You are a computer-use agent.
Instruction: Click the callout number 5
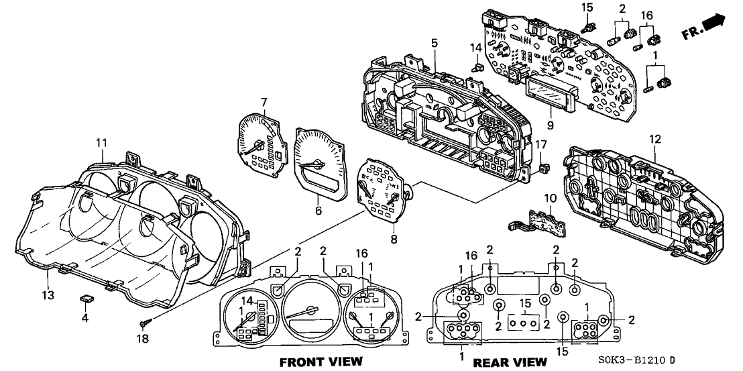point(434,43)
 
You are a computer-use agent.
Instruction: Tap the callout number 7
point(264,101)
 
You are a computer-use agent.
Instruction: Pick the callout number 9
point(549,123)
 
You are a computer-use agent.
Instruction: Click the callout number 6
point(319,211)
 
